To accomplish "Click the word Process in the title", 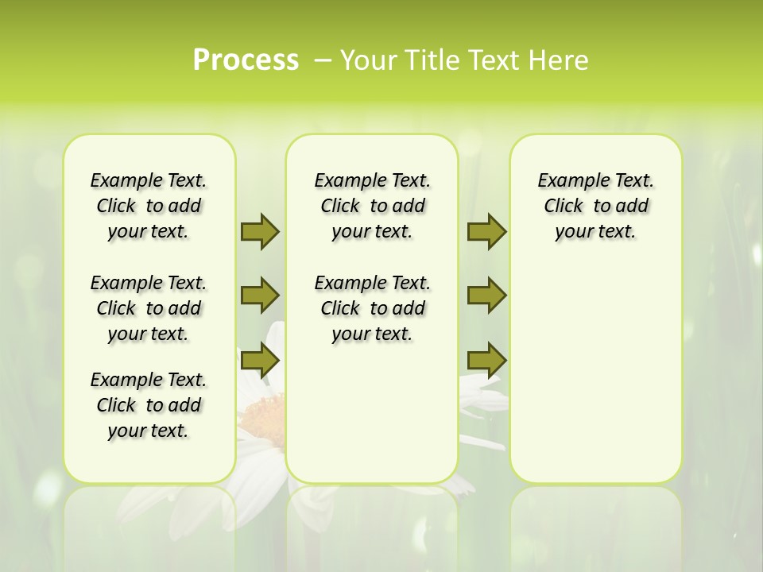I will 246,60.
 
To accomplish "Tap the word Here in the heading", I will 560,60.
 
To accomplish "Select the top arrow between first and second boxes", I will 259,231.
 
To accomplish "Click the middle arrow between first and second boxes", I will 259,296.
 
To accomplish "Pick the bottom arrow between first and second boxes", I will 259,361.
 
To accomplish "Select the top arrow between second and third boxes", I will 486,231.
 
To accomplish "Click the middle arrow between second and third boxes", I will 486,296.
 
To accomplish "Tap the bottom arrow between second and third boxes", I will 486,361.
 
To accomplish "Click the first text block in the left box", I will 149,206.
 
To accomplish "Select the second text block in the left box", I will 149,308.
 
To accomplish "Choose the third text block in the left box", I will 149,405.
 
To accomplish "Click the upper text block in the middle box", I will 372,206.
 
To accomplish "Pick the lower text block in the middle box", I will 372,308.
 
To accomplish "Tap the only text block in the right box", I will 595,206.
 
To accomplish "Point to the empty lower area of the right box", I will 595,381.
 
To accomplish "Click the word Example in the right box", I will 567,181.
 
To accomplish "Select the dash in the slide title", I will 323,60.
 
